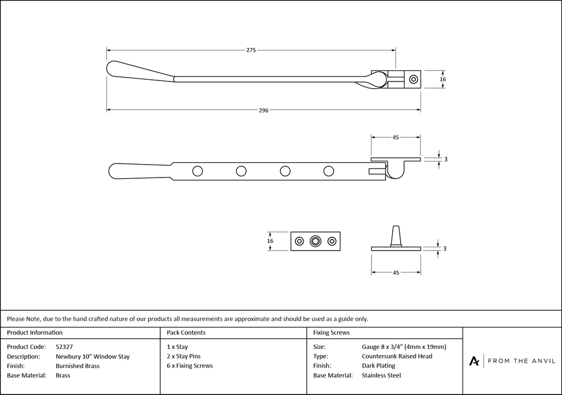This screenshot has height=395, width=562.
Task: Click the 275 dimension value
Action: point(251,51)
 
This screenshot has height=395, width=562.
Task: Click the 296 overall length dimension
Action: point(264,111)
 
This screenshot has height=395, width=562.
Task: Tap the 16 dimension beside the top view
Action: point(443,80)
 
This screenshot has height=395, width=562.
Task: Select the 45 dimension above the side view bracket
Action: point(396,137)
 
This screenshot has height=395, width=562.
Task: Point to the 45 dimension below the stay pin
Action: point(396,273)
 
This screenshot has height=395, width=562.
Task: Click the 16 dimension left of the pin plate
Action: point(270,241)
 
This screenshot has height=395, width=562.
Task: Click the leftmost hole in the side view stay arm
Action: point(197,171)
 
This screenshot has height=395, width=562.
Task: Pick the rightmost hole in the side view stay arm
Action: point(329,171)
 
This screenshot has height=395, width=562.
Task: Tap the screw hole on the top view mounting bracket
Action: point(414,79)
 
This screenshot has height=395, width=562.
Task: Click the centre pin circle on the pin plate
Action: point(316,241)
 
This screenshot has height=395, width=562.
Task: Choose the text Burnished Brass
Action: point(78,366)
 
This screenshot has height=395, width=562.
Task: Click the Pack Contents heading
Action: point(187,333)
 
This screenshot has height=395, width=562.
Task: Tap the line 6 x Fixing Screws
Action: point(190,366)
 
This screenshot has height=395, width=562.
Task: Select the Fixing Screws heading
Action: point(332,333)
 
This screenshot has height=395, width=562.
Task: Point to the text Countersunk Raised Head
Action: point(397,356)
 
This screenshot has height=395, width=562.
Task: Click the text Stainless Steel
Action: point(382,375)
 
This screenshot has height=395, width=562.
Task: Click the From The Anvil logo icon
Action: point(475,361)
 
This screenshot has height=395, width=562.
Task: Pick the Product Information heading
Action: point(35,333)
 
